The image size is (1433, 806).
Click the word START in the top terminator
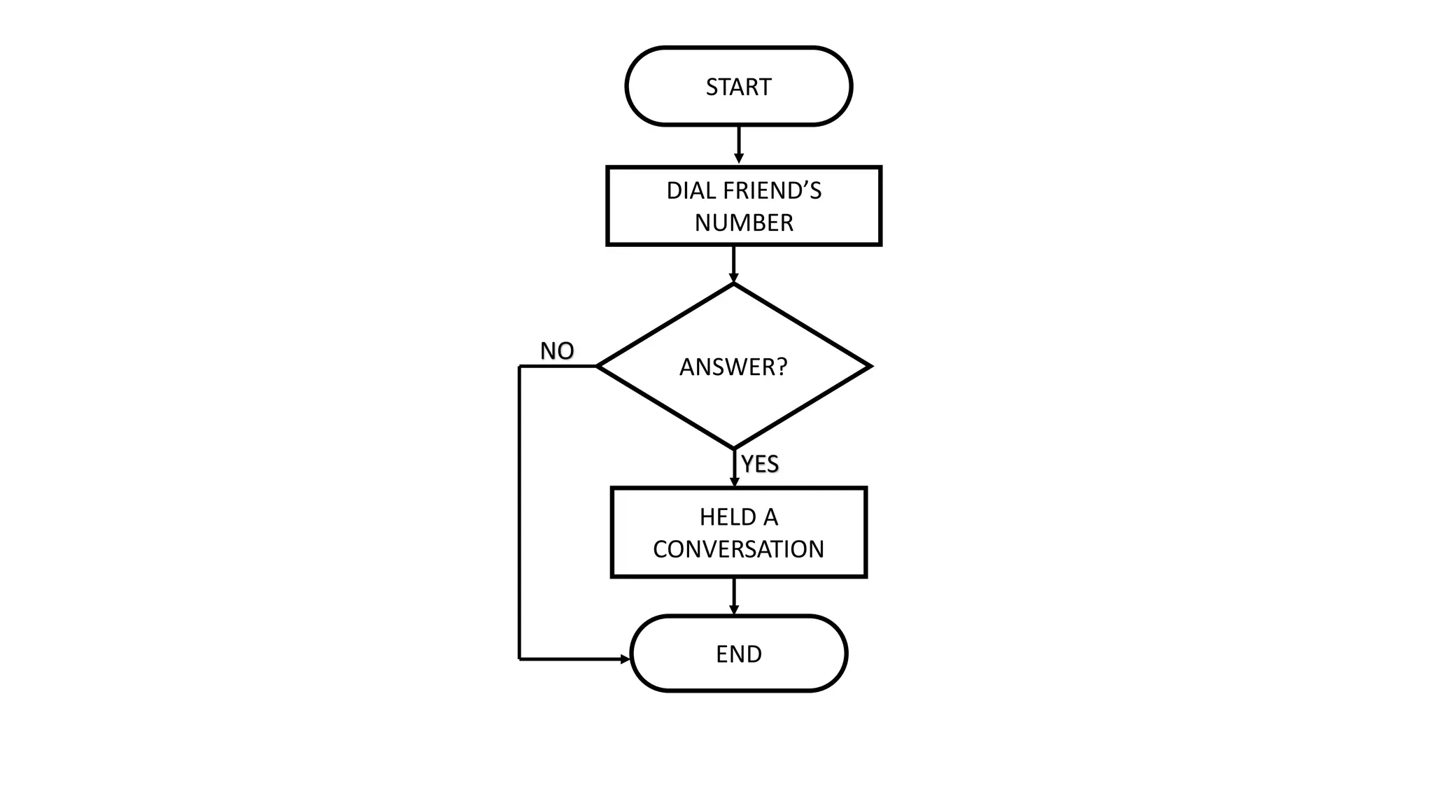738,87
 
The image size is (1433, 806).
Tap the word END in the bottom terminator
738,654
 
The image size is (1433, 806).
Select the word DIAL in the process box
691,190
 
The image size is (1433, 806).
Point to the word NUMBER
744,222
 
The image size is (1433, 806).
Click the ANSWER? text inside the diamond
733,367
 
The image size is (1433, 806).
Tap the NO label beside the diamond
557,351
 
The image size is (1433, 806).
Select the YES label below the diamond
760,464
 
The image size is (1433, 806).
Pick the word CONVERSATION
738,549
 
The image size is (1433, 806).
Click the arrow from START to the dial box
738,145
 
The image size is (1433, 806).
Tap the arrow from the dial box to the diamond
733,264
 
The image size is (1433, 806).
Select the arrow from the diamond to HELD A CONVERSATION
734,467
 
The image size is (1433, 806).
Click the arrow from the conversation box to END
734,595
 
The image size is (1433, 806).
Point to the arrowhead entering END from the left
625,659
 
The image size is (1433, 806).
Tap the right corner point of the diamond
869,366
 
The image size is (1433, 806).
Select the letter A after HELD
770,517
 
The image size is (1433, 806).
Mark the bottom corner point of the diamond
734,448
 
